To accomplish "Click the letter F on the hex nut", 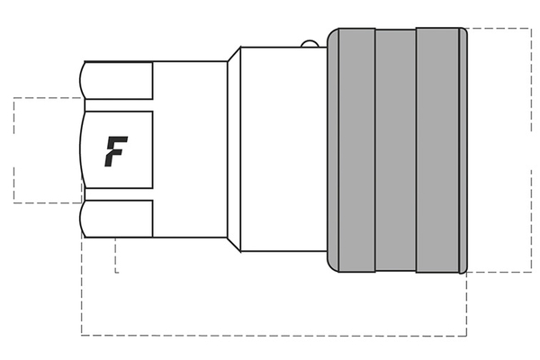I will pyautogui.click(x=115, y=151).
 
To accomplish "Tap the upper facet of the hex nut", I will pyautogui.click(x=117, y=85).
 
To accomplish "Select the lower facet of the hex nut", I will pyautogui.click(x=117, y=218).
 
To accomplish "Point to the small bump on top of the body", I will pyautogui.click(x=309, y=42).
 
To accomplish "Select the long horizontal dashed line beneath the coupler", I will pyautogui.click(x=270, y=336).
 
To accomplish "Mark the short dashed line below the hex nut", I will pyautogui.click(x=116, y=256).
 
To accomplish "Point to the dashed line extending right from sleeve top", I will pyautogui.click(x=499, y=29).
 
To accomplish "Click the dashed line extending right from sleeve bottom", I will pyautogui.click(x=499, y=271).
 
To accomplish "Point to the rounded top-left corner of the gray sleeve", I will pyautogui.click(x=332, y=33).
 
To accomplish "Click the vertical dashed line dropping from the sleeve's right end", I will pyautogui.click(x=466, y=306).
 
